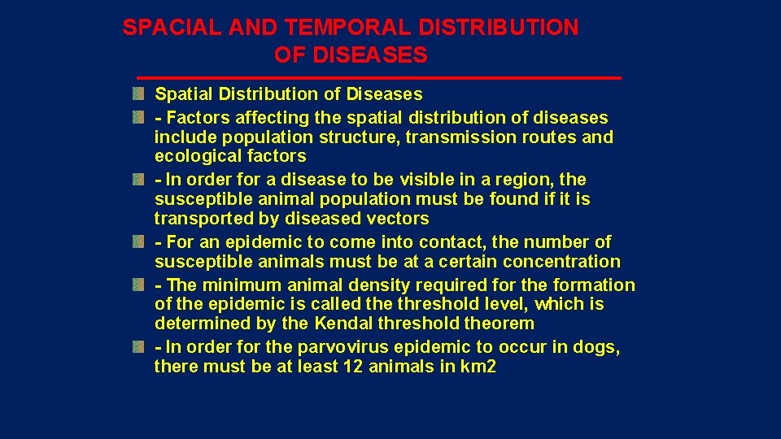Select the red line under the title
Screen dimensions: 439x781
point(378,77)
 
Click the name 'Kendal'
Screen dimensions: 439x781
point(343,324)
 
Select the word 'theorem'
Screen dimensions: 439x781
point(500,324)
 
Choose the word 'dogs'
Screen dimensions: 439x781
point(597,348)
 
